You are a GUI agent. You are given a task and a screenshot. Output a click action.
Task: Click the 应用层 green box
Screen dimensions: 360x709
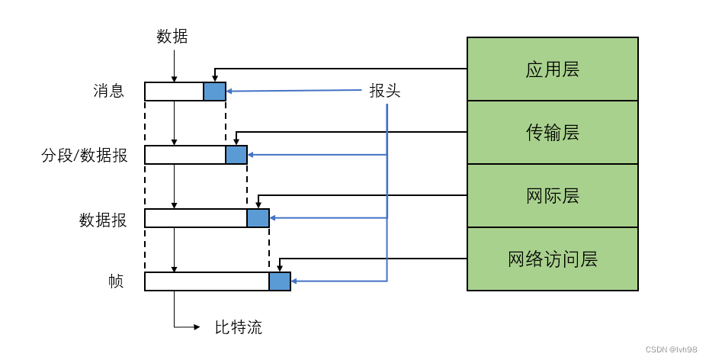point(552,69)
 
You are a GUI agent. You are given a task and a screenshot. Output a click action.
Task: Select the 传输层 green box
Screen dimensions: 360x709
point(552,133)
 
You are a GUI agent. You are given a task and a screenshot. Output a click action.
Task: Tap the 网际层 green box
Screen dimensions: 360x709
point(552,195)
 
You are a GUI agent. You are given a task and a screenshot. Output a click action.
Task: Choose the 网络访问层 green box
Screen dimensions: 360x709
point(552,259)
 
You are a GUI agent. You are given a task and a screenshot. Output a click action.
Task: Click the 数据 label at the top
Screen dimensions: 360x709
point(172,36)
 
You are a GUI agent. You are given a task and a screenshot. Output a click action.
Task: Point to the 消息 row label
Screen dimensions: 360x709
point(108,92)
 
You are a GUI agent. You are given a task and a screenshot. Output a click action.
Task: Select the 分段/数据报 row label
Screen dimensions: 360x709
point(85,156)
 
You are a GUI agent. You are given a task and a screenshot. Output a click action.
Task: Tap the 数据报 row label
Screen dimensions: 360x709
point(103,219)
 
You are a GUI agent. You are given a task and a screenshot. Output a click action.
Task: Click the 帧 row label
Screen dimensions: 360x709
point(116,281)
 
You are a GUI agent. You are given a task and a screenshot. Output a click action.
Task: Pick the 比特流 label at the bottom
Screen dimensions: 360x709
point(238,328)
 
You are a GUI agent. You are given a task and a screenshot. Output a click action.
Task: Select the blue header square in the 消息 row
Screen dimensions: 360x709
point(215,92)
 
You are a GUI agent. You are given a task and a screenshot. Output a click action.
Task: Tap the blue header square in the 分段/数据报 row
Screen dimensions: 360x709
point(236,155)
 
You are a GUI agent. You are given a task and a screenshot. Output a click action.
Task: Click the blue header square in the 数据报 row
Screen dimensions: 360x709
point(258,218)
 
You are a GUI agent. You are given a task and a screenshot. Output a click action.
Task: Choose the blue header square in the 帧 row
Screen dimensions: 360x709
point(280,281)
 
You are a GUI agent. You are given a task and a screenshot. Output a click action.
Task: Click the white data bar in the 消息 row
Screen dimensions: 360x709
point(174,92)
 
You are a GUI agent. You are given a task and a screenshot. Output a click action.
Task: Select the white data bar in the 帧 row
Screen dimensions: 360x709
point(207,281)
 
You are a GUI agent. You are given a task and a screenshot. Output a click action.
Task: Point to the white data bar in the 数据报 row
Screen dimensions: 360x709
point(196,218)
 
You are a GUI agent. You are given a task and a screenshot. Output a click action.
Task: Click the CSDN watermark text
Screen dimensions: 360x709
point(671,349)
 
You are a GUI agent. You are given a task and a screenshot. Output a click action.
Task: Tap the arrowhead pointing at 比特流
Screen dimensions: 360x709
point(197,327)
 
